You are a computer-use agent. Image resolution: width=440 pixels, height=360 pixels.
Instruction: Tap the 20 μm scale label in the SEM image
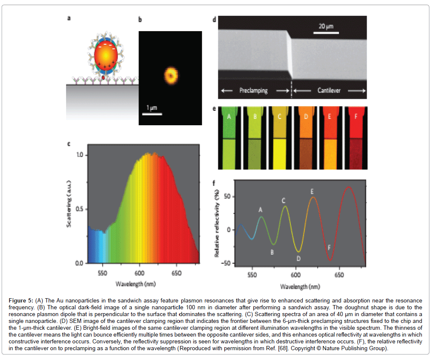point(327,27)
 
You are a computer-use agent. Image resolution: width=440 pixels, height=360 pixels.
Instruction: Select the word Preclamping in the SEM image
point(253,91)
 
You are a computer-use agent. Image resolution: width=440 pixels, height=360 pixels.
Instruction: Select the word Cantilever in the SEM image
point(329,91)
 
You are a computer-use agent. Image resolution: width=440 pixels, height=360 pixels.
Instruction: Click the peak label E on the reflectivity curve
point(313,191)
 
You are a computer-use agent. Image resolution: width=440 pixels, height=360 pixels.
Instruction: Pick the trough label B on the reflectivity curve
point(272,252)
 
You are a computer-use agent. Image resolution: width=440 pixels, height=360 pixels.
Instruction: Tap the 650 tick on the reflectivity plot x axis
point(339,275)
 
